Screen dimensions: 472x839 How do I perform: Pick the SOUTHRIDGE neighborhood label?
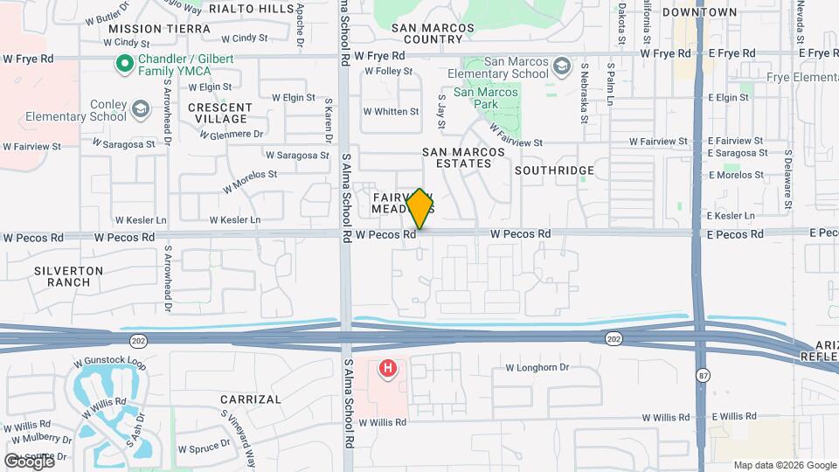[x=554, y=170]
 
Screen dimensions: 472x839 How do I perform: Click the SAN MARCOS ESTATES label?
[x=464, y=157]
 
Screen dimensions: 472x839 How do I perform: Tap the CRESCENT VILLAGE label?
[x=220, y=114]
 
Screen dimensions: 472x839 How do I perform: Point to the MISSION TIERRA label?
[x=159, y=29]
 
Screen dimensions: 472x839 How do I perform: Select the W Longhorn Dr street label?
[x=537, y=368]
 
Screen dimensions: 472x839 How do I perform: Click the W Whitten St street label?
[x=392, y=112]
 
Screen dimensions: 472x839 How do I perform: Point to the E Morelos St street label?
[x=736, y=175]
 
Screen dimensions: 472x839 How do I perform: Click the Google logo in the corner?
[x=30, y=462]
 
